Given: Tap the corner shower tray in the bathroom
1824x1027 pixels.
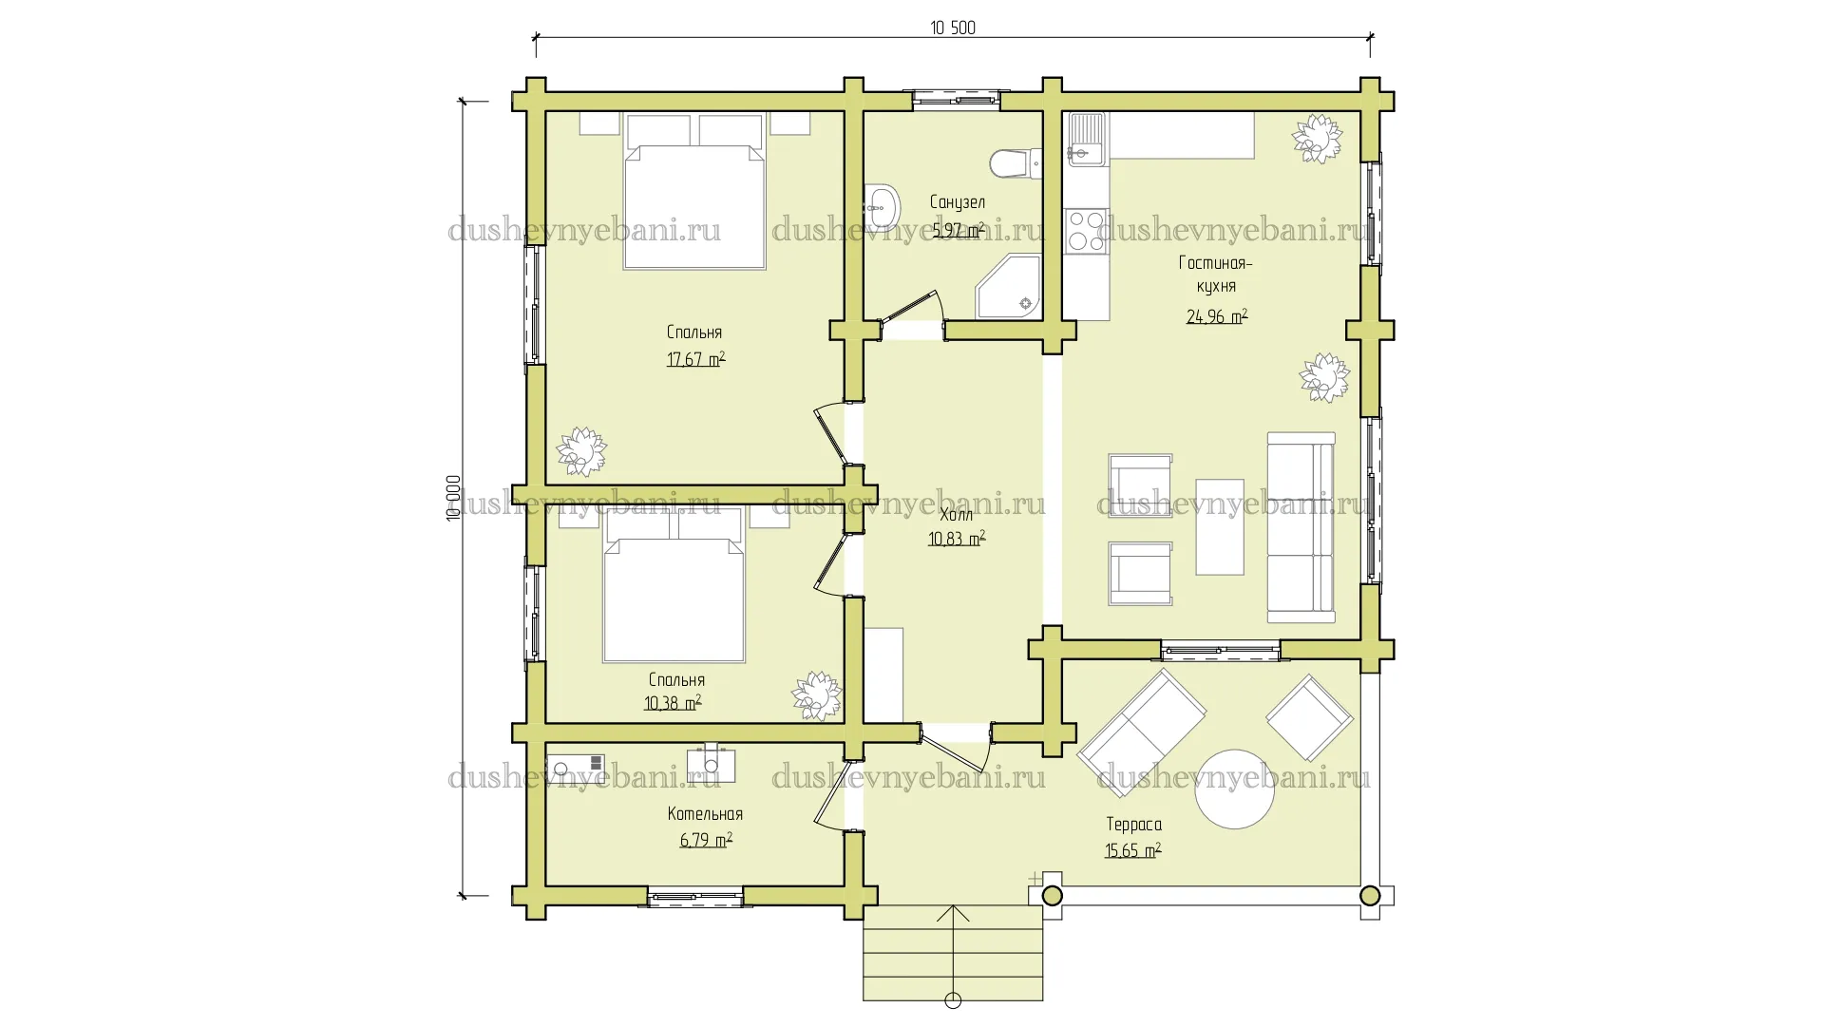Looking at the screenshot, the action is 1009,286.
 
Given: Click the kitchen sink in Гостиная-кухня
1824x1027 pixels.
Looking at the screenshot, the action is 1086,139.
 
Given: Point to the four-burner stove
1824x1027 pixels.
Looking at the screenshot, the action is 1086,231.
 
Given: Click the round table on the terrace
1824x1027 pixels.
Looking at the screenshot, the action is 1234,789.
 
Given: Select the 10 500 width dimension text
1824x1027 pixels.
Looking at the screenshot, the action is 953,28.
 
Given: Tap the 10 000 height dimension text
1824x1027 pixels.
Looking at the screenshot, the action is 453,498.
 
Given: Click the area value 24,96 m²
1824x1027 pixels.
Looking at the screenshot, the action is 1217,316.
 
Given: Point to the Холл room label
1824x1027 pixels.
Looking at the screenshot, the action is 956,515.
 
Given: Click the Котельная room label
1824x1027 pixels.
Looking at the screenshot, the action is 705,814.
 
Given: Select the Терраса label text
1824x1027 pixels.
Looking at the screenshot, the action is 1133,825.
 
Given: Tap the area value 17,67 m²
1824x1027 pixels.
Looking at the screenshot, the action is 695,359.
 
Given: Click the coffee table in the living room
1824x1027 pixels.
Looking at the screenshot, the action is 1220,527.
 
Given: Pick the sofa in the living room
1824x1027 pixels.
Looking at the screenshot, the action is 1301,527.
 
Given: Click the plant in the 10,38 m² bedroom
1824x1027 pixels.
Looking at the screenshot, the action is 817,696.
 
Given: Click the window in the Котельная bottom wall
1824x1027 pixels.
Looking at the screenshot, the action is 695,896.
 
